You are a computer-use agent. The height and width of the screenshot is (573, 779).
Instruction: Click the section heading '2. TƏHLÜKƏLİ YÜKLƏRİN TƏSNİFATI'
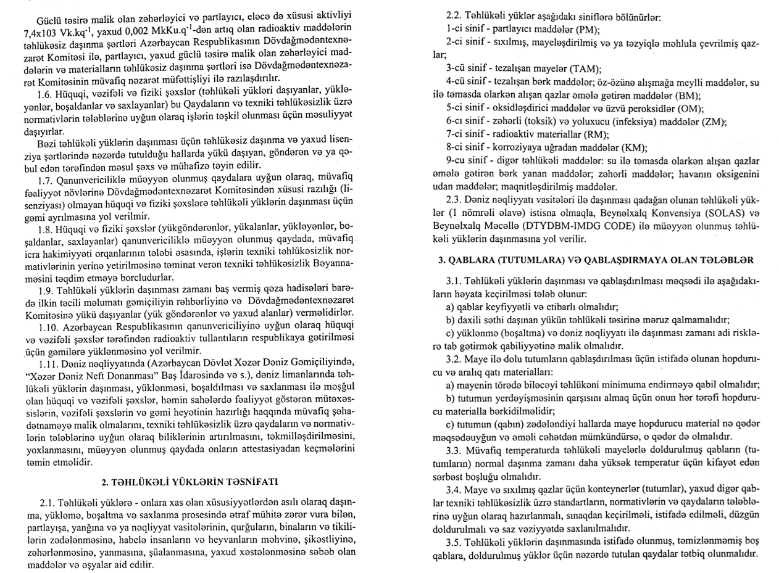(x=190, y=481)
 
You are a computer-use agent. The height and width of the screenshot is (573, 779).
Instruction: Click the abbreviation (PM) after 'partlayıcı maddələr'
(x=587, y=29)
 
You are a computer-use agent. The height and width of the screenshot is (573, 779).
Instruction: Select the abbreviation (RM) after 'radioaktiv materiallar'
(x=596, y=134)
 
